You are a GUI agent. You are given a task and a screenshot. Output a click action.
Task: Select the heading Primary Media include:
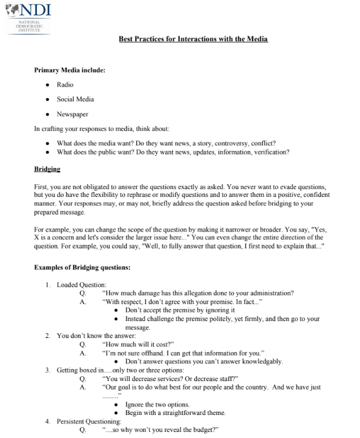point(70,70)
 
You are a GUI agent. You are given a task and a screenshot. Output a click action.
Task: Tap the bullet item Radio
point(65,85)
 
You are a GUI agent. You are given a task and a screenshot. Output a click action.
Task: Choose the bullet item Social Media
point(75,99)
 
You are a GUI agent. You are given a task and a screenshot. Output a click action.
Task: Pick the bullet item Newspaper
point(73,114)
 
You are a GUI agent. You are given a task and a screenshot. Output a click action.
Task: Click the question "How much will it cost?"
point(139,344)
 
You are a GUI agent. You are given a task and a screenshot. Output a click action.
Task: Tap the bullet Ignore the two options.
point(158,404)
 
